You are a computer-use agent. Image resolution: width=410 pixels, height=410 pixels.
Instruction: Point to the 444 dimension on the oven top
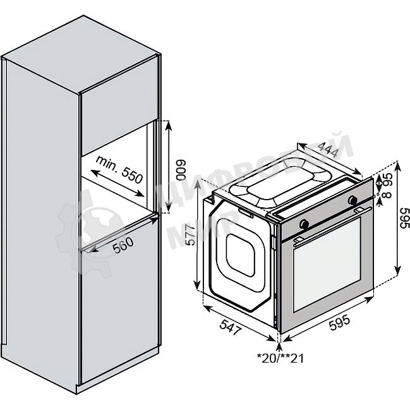point(327,149)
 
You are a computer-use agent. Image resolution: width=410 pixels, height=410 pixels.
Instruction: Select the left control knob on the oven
point(304,224)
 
